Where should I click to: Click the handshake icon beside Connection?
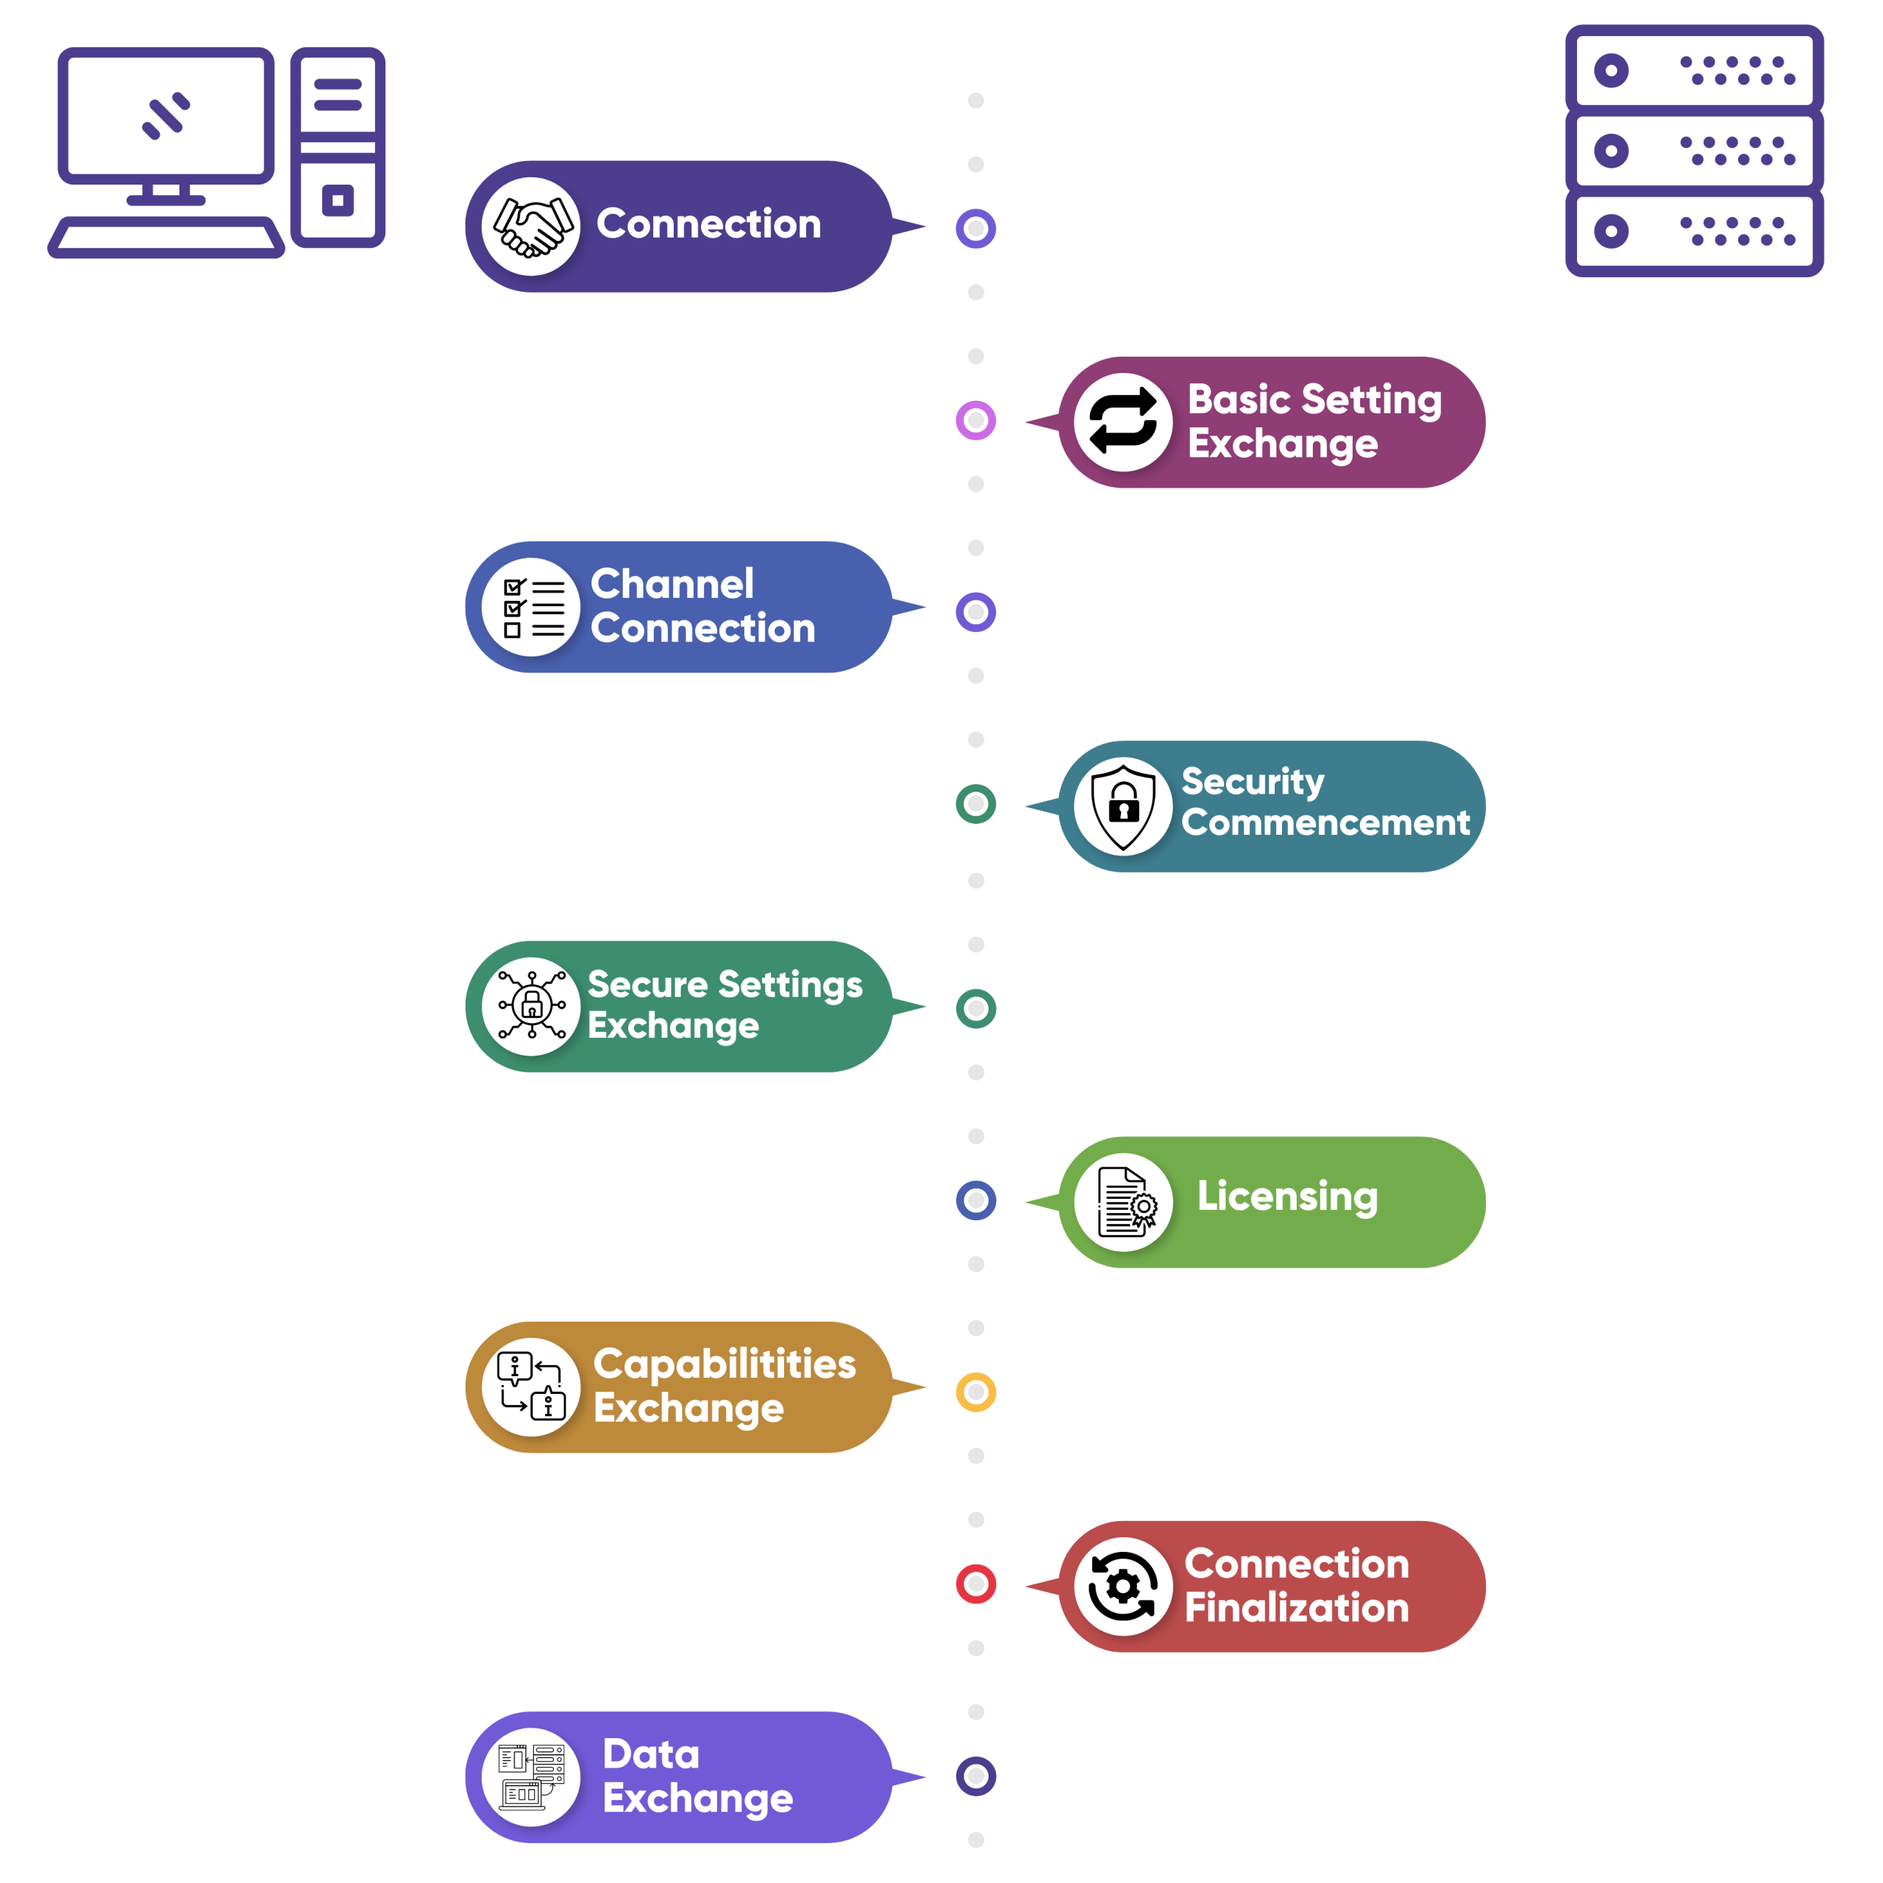click(531, 226)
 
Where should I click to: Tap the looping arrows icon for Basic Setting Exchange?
click(1122, 422)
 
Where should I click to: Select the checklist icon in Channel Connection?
click(531, 608)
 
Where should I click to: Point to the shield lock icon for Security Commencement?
click(1122, 806)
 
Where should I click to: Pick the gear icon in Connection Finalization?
click(1122, 1587)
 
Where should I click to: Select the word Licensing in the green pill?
click(1286, 1196)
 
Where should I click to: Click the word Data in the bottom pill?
click(651, 1754)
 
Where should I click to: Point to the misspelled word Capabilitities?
click(725, 1364)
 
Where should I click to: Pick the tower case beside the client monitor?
click(337, 146)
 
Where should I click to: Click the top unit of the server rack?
click(1694, 68)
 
